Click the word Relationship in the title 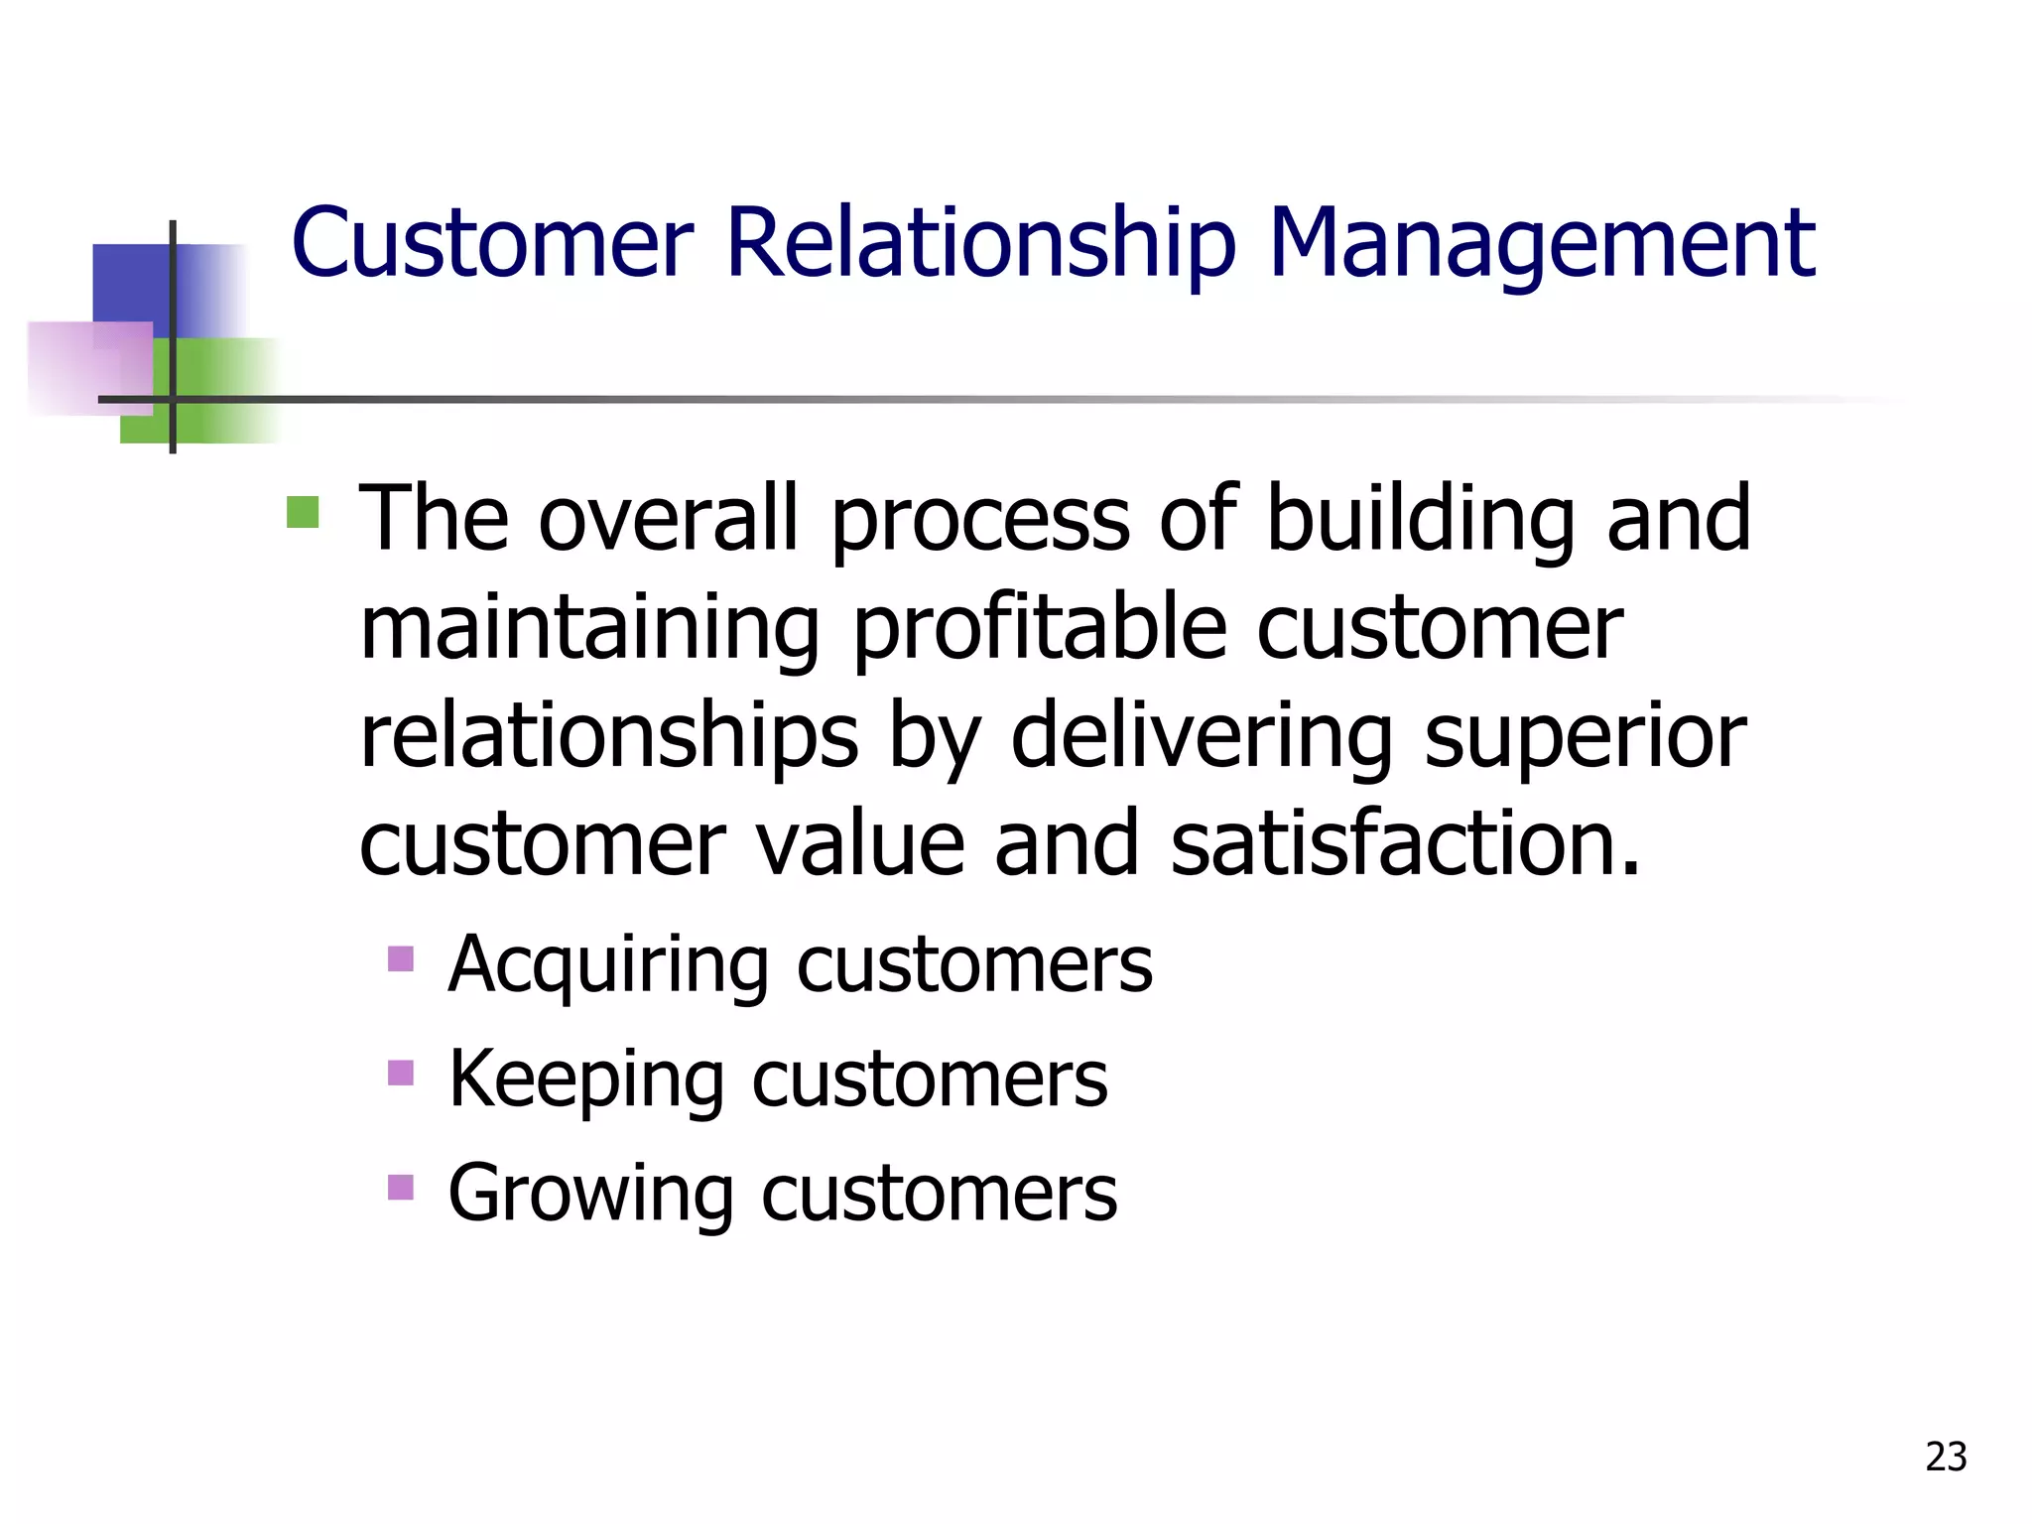click(981, 244)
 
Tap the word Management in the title click(1542, 244)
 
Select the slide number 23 click(1946, 1457)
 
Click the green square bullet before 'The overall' click(303, 512)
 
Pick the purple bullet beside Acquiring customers click(401, 958)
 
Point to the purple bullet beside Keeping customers click(401, 1073)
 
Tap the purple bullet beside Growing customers click(401, 1187)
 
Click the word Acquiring click(608, 964)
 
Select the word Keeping click(586, 1079)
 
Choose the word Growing click(590, 1193)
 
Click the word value click(859, 844)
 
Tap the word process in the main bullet click(980, 522)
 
